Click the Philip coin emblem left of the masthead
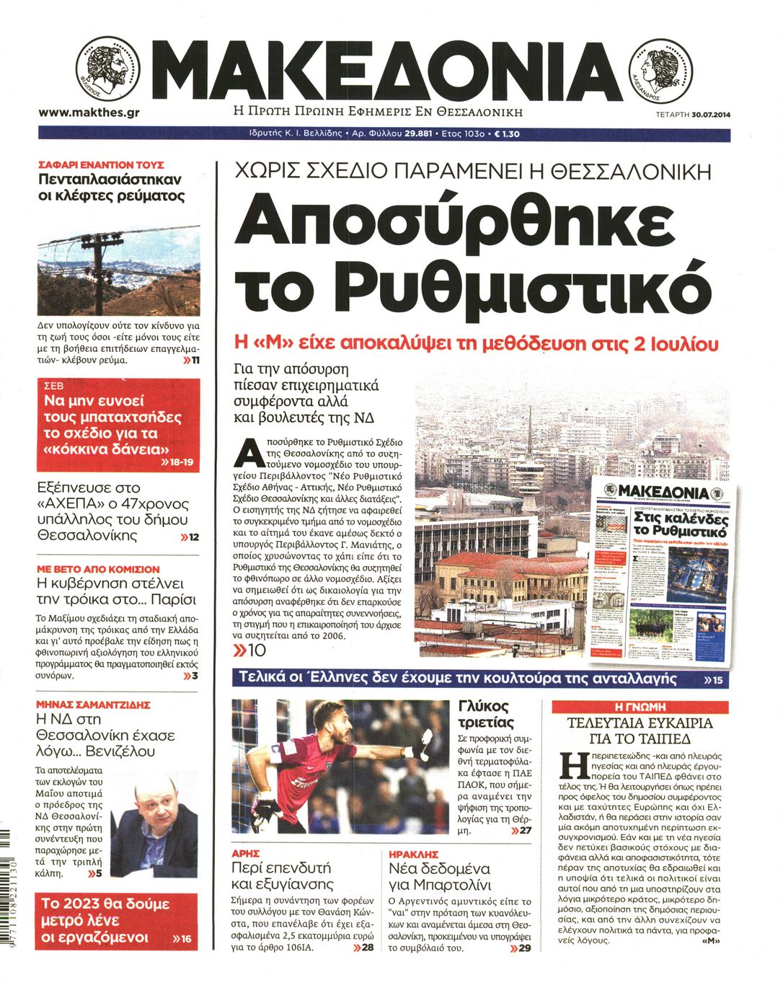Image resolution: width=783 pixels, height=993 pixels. point(104,71)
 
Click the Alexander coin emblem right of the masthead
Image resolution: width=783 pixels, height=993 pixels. point(660,70)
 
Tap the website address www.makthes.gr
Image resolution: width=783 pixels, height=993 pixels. point(88,112)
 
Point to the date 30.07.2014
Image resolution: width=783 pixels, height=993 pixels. point(710,114)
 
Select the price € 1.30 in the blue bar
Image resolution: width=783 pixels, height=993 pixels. point(506,134)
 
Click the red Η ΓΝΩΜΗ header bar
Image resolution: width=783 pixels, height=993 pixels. point(640,707)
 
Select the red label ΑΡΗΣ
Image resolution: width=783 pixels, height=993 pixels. point(245,853)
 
